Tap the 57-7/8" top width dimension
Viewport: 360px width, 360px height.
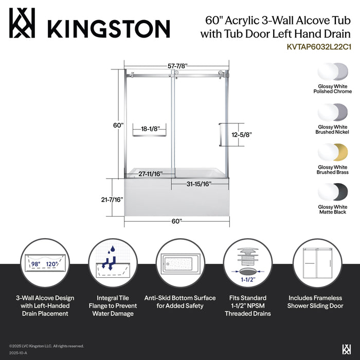(176, 66)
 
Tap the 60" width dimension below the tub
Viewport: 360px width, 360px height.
(176, 221)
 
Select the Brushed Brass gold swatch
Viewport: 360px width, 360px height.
(334, 152)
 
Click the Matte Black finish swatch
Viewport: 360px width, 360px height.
(334, 192)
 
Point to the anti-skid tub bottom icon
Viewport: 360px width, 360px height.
(179, 264)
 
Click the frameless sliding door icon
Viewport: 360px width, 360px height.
(316, 264)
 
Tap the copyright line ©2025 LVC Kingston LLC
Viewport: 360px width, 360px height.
(46, 346)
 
